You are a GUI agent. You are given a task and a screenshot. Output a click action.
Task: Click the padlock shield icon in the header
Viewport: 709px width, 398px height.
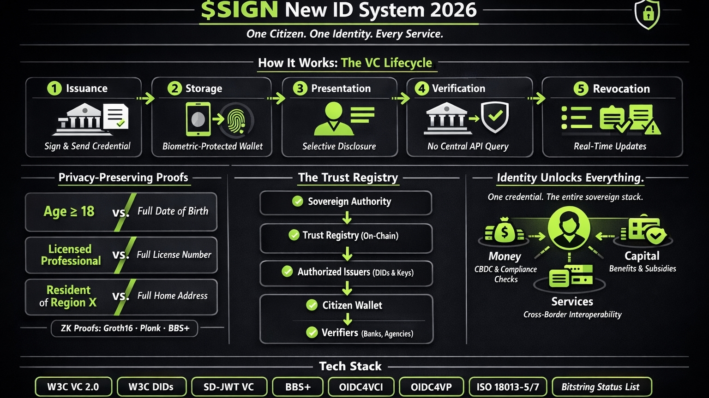(x=647, y=14)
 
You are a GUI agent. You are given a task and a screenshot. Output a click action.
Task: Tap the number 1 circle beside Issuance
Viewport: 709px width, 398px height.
(x=54, y=88)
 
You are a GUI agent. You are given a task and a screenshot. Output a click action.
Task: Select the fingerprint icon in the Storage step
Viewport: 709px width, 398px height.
(x=236, y=120)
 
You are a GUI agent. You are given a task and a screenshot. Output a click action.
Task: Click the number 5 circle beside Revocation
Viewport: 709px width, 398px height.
(x=581, y=89)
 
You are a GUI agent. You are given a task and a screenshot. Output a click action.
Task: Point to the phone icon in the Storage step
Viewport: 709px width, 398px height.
(x=198, y=119)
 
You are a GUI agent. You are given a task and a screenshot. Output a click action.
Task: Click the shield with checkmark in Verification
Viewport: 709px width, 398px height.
(x=495, y=116)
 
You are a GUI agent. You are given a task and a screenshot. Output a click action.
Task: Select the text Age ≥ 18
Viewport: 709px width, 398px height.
(x=69, y=211)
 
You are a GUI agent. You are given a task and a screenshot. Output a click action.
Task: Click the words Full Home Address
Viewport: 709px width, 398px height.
(x=172, y=296)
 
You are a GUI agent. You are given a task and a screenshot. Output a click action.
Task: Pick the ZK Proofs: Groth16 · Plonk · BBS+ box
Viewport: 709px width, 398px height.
(x=125, y=328)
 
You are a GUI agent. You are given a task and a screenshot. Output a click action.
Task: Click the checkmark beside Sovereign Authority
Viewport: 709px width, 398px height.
(x=298, y=202)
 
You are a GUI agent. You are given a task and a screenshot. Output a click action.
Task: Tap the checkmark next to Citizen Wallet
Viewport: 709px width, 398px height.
(x=312, y=305)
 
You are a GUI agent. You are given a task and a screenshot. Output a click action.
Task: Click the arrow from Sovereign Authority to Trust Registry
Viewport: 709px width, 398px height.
(x=347, y=218)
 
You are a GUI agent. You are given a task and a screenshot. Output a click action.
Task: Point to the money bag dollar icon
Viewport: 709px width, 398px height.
(x=504, y=230)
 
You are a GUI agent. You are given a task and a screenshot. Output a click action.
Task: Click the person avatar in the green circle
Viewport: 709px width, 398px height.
(x=569, y=228)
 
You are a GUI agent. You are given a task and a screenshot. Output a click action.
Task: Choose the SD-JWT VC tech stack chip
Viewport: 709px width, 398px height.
(x=229, y=387)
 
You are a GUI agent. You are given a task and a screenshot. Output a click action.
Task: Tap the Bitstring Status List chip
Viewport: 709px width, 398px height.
(x=600, y=387)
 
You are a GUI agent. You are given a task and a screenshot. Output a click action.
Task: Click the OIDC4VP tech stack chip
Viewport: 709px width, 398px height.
(x=431, y=387)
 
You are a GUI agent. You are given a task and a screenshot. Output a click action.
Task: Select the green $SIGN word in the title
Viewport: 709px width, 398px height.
(x=240, y=10)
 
